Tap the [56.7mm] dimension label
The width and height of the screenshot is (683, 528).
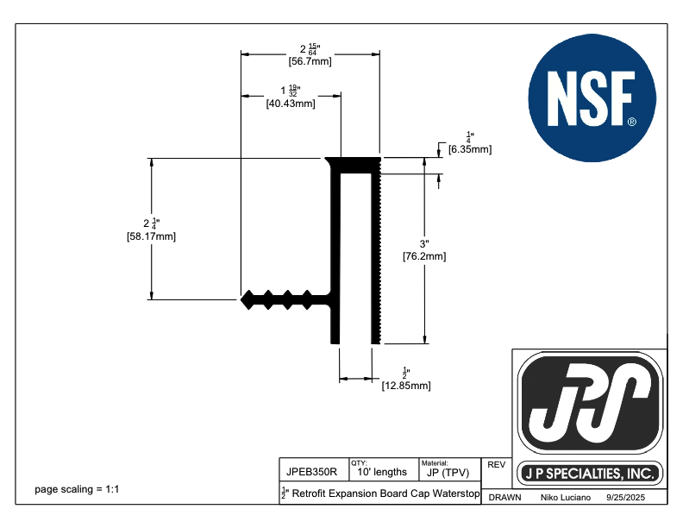310,61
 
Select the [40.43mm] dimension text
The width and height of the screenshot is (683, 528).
291,104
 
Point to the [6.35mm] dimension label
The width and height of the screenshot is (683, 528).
470,149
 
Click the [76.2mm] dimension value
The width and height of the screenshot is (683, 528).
424,255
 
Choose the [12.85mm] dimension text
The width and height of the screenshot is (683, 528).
406,386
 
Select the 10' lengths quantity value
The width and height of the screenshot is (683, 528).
381,473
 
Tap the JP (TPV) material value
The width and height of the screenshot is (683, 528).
448,473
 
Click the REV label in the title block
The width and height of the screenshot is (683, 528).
496,464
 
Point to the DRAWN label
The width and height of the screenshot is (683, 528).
504,498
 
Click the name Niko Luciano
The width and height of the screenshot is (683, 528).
565,498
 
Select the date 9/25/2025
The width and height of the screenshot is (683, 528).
625,498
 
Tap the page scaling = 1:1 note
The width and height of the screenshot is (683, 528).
77,490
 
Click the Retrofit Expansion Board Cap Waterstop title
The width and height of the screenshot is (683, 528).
381,493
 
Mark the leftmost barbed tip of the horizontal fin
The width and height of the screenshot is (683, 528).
243,299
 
